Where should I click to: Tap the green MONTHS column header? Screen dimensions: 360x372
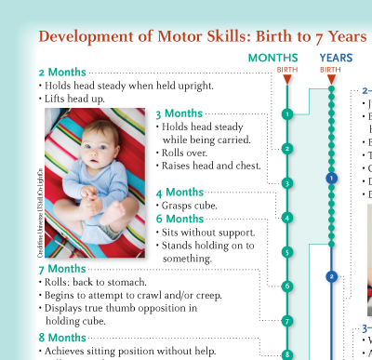[x=273, y=58]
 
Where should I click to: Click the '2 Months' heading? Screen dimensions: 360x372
[x=62, y=72]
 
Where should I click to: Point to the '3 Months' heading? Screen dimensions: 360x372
[x=179, y=113]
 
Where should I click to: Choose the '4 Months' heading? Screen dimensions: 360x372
[x=179, y=192]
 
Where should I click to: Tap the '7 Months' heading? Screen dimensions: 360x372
[x=62, y=269]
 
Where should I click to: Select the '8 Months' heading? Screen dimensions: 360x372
[x=62, y=337]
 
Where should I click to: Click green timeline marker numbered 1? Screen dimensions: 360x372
[x=287, y=114]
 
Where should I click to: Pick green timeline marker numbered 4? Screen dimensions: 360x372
[x=287, y=218]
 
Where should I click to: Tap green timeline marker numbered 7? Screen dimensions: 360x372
[x=287, y=321]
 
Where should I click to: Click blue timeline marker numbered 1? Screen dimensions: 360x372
[x=331, y=177]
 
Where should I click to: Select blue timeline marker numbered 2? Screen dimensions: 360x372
[x=331, y=275]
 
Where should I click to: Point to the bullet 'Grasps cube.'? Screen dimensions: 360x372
[x=190, y=205]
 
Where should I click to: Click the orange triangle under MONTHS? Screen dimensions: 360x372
[x=287, y=79]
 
